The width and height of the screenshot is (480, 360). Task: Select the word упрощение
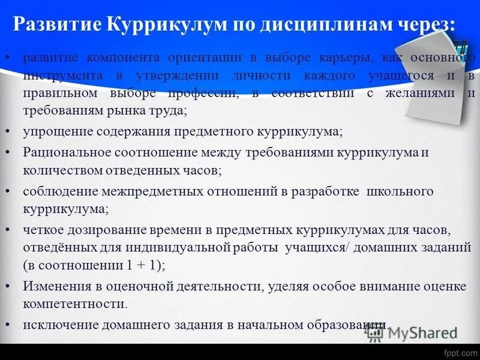tap(53, 131)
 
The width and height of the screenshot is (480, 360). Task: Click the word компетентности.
tap(76, 304)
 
